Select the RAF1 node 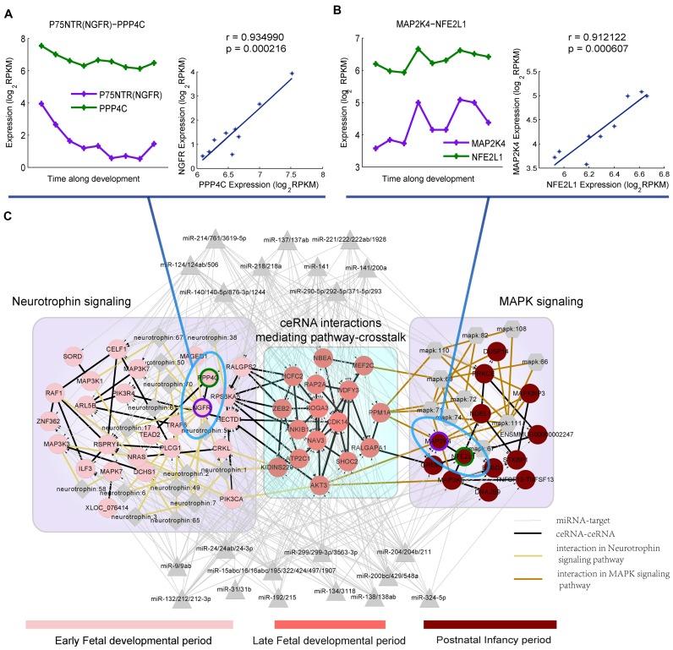point(55,394)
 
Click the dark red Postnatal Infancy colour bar point(490,624)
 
